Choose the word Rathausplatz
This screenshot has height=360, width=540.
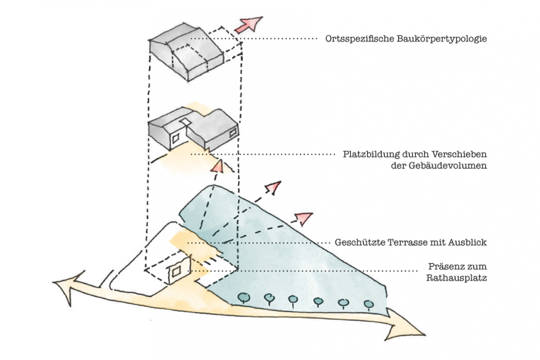click(456, 278)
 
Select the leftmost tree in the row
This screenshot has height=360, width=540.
click(244, 297)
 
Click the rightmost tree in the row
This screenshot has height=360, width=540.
click(368, 304)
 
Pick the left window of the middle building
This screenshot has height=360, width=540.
click(175, 138)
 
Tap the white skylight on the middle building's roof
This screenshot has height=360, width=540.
click(185, 121)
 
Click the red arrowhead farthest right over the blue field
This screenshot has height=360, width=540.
click(304, 218)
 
